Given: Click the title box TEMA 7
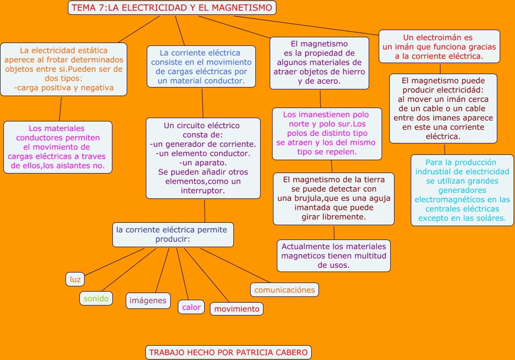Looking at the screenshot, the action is tap(172, 8).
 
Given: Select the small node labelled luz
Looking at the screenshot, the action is tap(75, 279).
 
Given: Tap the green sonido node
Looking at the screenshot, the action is tap(96, 298).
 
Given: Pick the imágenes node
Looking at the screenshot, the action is tap(148, 300).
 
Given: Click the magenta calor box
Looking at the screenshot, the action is tap(191, 307).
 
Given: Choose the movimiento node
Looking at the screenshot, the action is tap(237, 309).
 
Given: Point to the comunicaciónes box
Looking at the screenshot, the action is tap(285, 290).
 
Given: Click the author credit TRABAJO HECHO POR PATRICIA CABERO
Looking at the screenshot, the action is tap(229, 352).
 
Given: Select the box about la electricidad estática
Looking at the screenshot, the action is tap(64, 69).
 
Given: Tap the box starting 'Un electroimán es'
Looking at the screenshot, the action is tap(439, 46).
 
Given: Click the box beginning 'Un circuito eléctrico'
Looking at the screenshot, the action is tap(203, 158).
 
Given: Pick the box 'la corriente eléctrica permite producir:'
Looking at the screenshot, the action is tap(173, 234).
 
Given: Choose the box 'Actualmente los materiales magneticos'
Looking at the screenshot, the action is tap(334, 256).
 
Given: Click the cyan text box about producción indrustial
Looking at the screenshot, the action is tap(462, 190).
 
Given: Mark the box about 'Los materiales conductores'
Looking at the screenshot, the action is tap(57, 147).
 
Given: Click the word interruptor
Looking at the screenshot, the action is tap(203, 190).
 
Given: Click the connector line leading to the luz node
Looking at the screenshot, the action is tap(115, 262).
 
